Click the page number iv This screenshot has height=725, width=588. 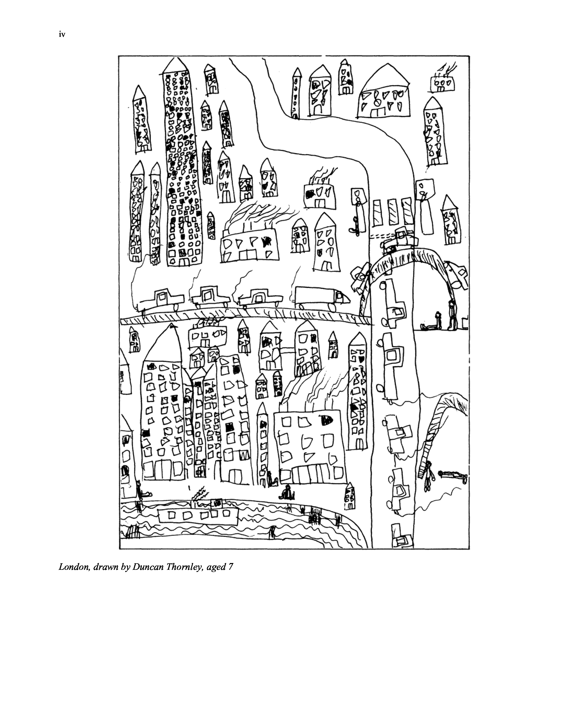[62, 34]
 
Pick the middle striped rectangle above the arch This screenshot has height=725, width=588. [393, 212]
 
